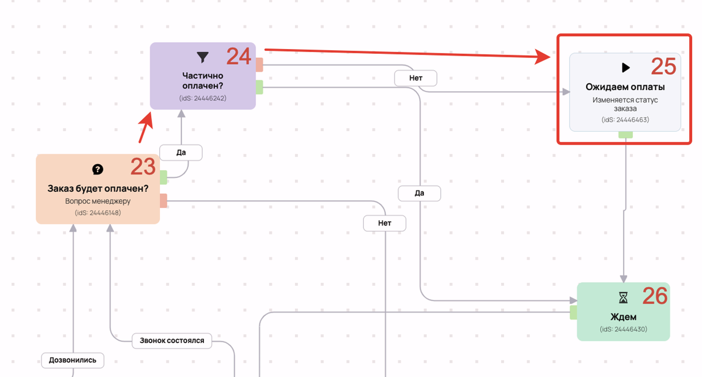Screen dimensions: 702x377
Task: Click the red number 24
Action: (239, 57)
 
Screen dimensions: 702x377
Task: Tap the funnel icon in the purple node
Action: (203, 57)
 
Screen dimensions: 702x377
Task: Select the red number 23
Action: (143, 167)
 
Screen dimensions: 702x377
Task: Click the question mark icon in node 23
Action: (98, 169)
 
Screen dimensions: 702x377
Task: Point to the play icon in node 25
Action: (626, 67)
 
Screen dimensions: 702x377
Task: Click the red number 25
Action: (663, 67)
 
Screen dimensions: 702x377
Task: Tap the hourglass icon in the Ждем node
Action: (623, 298)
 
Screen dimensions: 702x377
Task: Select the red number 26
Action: (655, 296)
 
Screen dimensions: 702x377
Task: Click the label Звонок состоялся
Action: (172, 341)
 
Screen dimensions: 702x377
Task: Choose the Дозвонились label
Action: (73, 361)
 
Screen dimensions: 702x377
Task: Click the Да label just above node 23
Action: (181, 153)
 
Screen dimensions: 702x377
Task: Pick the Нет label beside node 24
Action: (416, 78)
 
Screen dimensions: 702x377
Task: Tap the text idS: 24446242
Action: (203, 98)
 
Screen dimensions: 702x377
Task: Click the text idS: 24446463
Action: (625, 119)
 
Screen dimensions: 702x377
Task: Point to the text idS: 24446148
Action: (98, 213)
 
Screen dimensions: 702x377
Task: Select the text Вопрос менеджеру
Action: (98, 201)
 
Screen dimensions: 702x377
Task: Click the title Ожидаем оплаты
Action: (625, 87)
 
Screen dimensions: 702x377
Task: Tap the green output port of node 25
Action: (625, 134)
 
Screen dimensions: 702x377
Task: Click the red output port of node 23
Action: (163, 201)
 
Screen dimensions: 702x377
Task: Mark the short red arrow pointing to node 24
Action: (145, 128)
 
